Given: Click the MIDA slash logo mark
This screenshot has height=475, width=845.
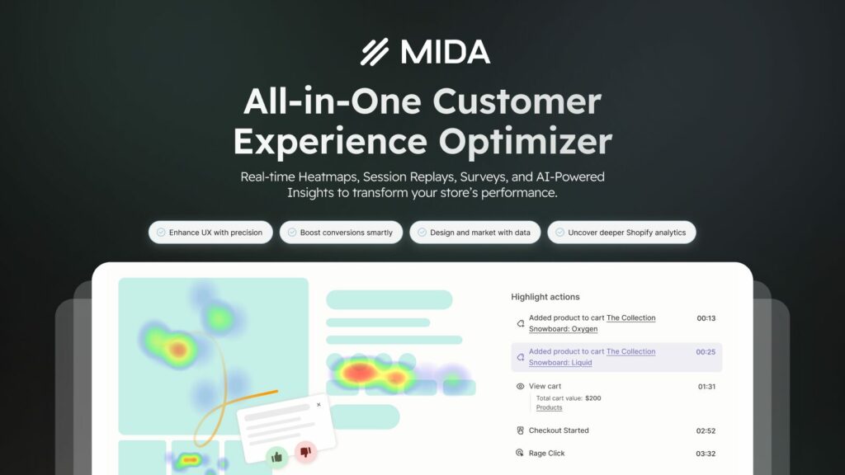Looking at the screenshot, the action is [x=375, y=52].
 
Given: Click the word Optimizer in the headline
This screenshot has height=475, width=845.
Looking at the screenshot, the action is [x=526, y=142].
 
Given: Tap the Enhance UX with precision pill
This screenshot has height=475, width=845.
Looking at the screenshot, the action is [x=210, y=232].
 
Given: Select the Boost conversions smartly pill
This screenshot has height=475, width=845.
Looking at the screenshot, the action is [x=341, y=232].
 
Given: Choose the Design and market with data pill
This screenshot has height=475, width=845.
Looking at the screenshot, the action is [x=474, y=232].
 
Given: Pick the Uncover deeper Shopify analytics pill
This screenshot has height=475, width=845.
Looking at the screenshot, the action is [x=621, y=232].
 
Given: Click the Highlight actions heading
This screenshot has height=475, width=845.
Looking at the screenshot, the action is [x=545, y=297].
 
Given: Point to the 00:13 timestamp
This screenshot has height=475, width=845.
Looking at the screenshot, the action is [x=706, y=318].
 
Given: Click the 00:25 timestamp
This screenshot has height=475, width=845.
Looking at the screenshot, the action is [x=706, y=351].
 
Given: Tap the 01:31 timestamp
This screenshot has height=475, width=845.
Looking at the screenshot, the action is [x=706, y=387].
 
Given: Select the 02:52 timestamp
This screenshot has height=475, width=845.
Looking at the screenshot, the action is [x=706, y=430].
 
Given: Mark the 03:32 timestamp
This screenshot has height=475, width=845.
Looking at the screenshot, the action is [x=706, y=454].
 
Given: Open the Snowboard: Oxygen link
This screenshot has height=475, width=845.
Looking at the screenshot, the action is [x=563, y=329].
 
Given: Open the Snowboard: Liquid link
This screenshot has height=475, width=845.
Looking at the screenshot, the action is [x=560, y=363].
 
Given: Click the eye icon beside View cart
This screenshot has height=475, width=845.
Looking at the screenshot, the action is [x=520, y=386].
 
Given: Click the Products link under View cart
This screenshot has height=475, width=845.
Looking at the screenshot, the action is [x=549, y=407].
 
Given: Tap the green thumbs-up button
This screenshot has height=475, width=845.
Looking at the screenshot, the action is [x=277, y=457].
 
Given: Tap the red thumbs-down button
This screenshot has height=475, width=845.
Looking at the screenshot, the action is [x=305, y=451].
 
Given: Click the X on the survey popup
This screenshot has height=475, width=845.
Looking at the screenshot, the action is [x=319, y=404].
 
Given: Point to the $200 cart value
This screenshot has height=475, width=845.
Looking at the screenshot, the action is [x=592, y=398].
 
